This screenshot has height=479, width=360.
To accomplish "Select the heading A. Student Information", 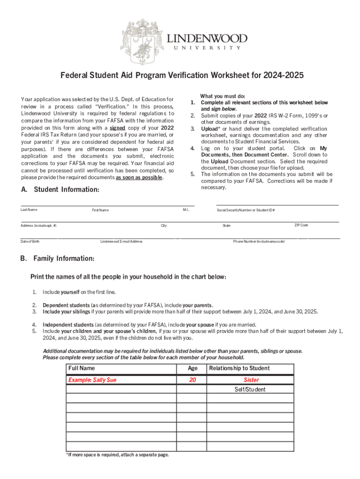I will click(x=60, y=189).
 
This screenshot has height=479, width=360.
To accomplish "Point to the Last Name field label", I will click(x=29, y=210).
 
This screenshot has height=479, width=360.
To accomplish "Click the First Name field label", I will click(x=100, y=210).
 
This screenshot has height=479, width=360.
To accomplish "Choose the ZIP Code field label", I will click(x=301, y=225).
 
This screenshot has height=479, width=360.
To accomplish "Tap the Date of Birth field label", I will click(x=30, y=241).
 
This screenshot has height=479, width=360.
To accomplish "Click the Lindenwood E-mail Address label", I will click(x=121, y=241).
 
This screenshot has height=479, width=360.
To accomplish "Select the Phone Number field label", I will click(x=259, y=241).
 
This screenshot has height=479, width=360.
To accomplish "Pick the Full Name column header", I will click(x=81, y=369).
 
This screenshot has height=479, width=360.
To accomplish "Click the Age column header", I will click(x=193, y=369).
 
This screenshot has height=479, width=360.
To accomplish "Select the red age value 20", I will click(x=193, y=380).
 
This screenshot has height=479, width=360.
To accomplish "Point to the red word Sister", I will click(x=251, y=380).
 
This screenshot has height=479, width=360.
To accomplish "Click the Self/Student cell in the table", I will click(x=250, y=390).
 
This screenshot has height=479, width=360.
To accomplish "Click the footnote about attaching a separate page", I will click(x=117, y=455).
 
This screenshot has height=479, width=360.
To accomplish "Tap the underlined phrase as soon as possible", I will click(x=139, y=178).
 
